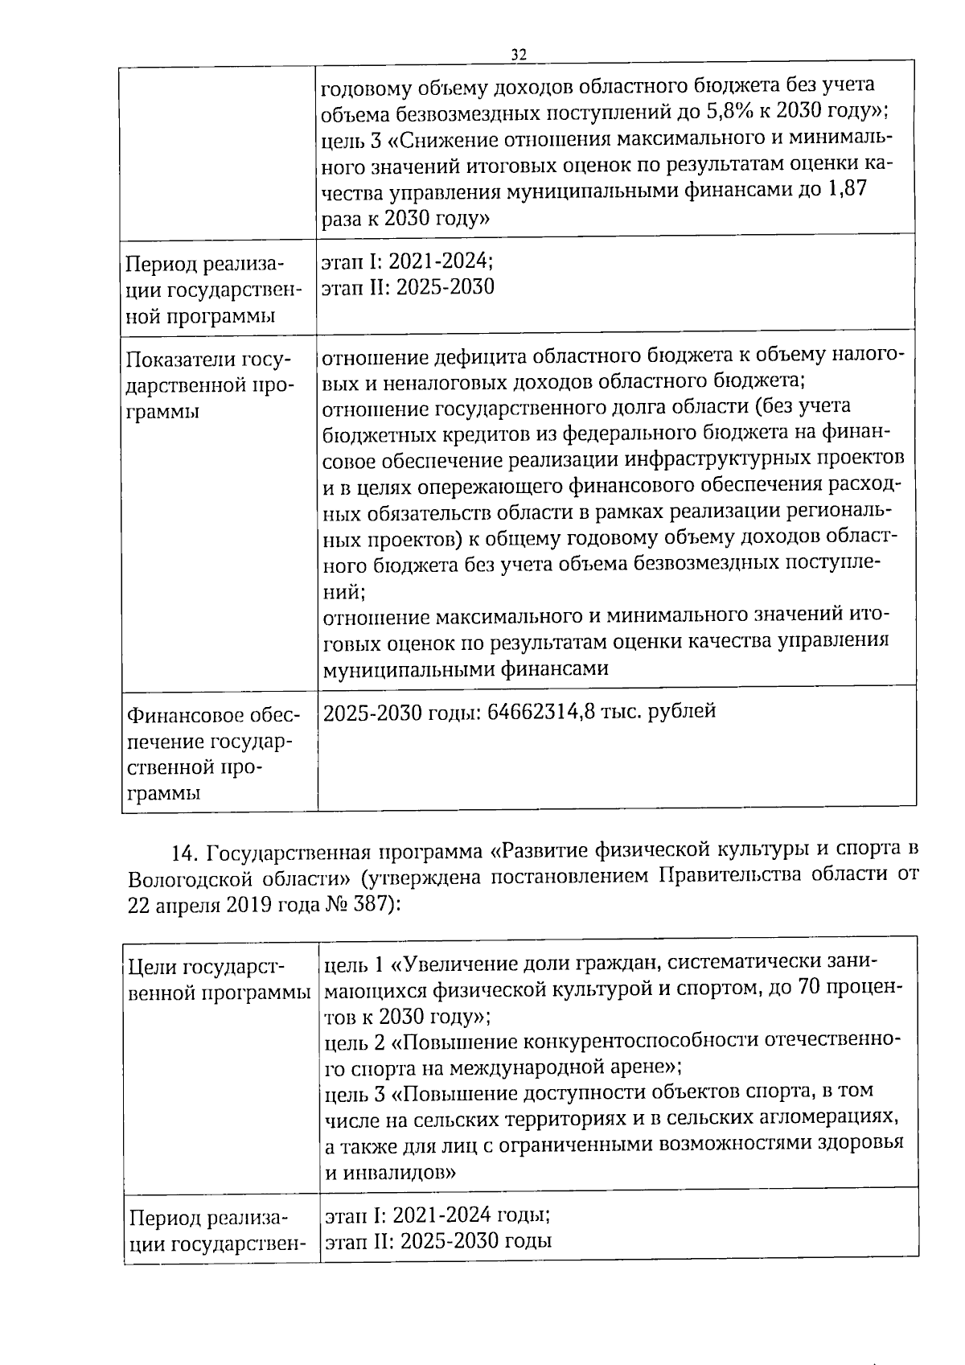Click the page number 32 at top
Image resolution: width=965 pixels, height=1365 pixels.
[518, 54]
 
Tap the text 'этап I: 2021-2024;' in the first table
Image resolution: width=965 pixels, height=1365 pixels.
[408, 261]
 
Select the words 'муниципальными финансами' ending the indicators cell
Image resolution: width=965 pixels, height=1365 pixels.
[465, 668]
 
